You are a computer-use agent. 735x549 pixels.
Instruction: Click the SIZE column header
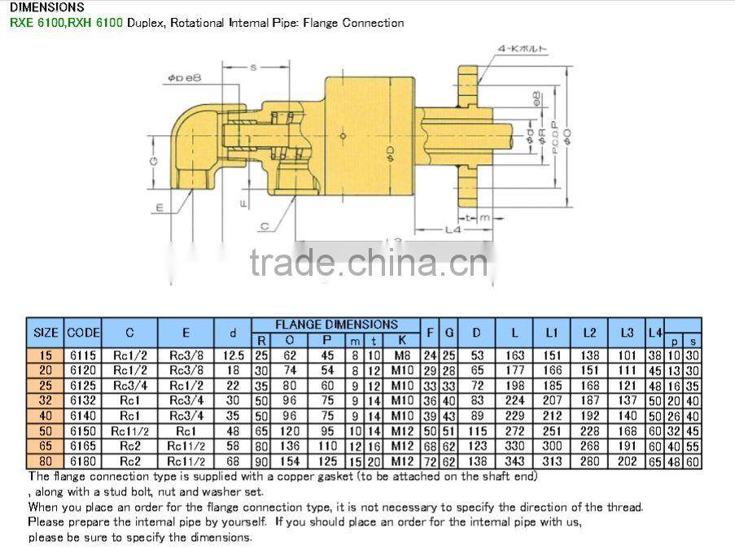(46, 332)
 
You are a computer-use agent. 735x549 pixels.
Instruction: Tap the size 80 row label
(46, 462)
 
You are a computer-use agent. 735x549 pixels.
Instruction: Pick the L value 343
(514, 462)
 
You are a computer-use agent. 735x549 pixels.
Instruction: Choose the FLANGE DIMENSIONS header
(336, 325)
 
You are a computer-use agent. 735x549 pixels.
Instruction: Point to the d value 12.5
(234, 355)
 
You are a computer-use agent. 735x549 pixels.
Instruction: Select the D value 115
(478, 430)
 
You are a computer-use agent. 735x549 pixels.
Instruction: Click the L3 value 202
(626, 462)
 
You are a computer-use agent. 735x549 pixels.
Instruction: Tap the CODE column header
(83, 332)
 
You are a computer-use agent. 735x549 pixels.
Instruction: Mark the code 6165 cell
(83, 447)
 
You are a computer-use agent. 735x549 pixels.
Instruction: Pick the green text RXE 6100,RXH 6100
(66, 23)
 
